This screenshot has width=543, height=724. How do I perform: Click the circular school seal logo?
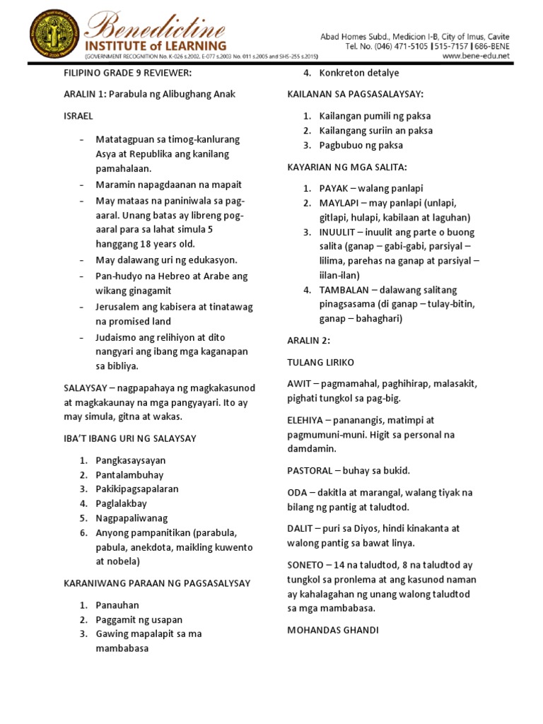click(54, 35)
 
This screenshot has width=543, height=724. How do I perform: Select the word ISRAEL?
click(78, 115)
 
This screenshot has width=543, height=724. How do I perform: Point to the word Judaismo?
click(119, 337)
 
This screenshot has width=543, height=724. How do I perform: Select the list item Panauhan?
click(117, 605)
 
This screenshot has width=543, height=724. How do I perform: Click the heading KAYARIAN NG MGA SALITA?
click(347, 167)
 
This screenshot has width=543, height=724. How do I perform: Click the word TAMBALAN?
click(345, 289)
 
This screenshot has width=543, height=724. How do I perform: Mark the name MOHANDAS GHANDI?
click(333, 630)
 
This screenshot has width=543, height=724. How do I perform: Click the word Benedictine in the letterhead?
click(157, 30)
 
